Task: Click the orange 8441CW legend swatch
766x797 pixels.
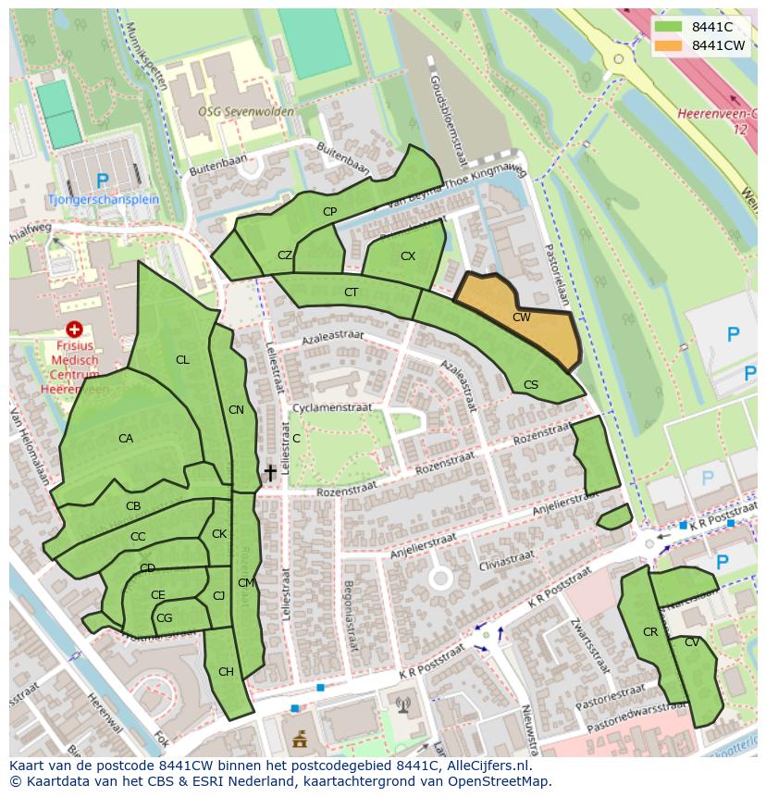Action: point(668,45)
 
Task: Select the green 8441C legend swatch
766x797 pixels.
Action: point(668,27)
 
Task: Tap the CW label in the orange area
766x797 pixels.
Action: point(521,317)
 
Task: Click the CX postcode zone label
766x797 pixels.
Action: point(408,255)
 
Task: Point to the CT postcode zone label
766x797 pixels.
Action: point(351,293)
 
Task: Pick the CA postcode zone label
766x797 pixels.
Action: point(126,438)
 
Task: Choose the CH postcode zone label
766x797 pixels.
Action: point(226,672)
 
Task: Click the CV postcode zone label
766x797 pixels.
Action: point(692,642)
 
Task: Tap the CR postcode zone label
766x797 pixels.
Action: point(649,631)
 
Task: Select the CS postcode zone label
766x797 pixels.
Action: point(530,385)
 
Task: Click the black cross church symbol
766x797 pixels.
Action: point(270,473)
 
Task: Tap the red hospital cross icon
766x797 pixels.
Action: point(74,330)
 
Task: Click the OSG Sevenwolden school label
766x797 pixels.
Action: point(245,112)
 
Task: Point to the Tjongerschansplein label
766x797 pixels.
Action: point(103,199)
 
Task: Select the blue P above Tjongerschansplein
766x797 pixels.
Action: point(102,181)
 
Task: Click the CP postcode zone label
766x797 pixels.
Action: point(329,211)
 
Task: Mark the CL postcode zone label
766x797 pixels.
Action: point(182,359)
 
